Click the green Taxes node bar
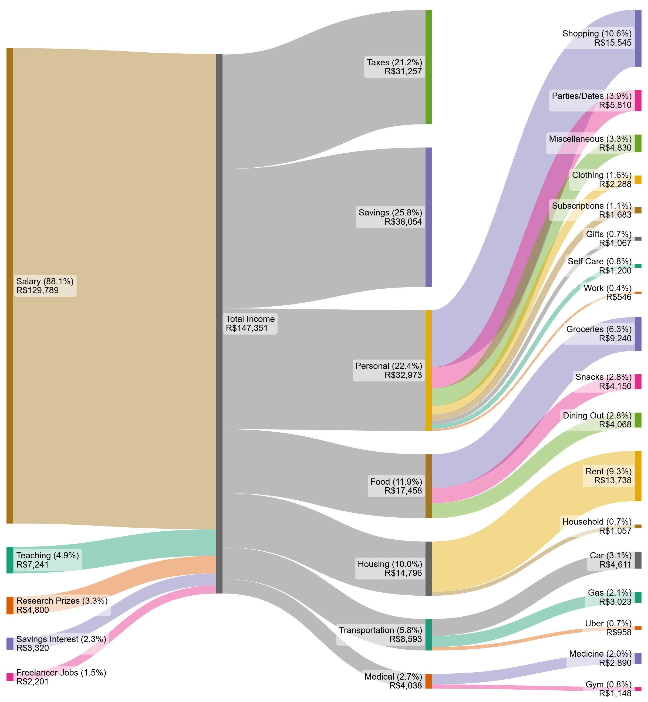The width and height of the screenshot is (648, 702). tap(428, 67)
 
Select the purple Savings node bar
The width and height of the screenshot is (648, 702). tap(428, 217)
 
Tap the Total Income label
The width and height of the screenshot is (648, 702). tap(250, 319)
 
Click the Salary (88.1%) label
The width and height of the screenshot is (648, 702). tap(45, 281)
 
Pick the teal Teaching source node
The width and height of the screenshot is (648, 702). tap(10, 560)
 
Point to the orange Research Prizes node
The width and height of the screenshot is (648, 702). tap(10, 605)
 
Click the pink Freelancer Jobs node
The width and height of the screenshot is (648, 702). tap(10, 677)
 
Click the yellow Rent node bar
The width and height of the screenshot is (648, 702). tap(638, 476)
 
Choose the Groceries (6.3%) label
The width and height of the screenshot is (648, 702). tap(599, 329)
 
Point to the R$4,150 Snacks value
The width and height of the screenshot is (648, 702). tap(615, 386)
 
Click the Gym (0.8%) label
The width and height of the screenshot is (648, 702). tap(608, 684)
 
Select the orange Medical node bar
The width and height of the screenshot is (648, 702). tap(428, 681)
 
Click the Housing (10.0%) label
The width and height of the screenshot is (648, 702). tap(390, 564)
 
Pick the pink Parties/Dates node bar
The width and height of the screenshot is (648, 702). tap(638, 101)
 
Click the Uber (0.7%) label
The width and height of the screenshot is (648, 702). tap(608, 623)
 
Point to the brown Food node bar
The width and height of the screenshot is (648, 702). tap(428, 486)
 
